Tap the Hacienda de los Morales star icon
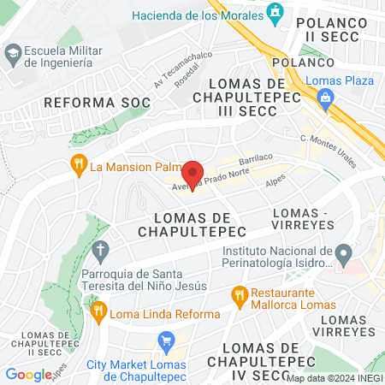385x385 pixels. point(274,12)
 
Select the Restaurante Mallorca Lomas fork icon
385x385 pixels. point(240,296)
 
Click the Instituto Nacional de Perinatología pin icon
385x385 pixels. point(344,253)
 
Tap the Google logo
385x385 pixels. point(28,374)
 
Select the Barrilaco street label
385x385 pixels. point(255,159)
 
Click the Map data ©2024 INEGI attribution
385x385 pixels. point(335,378)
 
